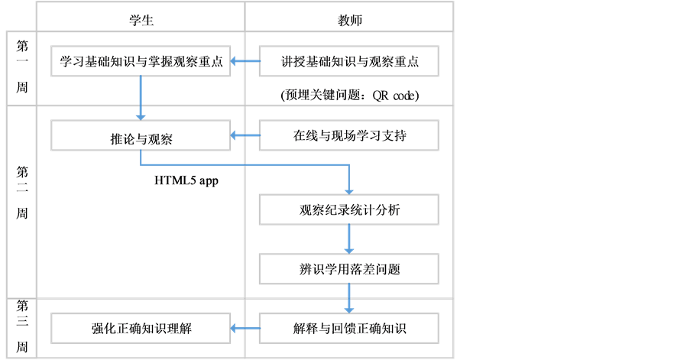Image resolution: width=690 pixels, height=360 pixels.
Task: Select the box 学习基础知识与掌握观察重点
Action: coord(141,62)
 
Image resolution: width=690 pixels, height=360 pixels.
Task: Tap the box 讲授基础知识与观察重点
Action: coord(349,62)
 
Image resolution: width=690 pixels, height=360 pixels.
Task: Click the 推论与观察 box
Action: coord(141,138)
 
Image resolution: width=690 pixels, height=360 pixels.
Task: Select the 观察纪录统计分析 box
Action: coord(349,210)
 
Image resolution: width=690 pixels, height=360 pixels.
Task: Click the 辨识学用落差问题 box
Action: coord(349,269)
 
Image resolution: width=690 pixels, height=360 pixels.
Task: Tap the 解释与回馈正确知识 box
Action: coord(349,329)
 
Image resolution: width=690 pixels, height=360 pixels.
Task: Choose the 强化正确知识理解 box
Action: coord(141,329)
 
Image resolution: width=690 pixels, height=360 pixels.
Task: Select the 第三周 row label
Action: coord(22,326)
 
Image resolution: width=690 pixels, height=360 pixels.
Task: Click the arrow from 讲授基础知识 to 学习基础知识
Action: coord(245,62)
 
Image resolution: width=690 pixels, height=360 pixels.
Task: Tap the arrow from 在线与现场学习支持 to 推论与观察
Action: coord(245,137)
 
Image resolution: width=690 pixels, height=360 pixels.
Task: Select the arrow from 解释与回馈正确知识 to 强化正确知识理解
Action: coord(245,329)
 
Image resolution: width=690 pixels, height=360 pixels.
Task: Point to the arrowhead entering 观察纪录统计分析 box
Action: coord(349,190)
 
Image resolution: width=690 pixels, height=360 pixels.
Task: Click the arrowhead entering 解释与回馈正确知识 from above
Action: coord(349,308)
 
